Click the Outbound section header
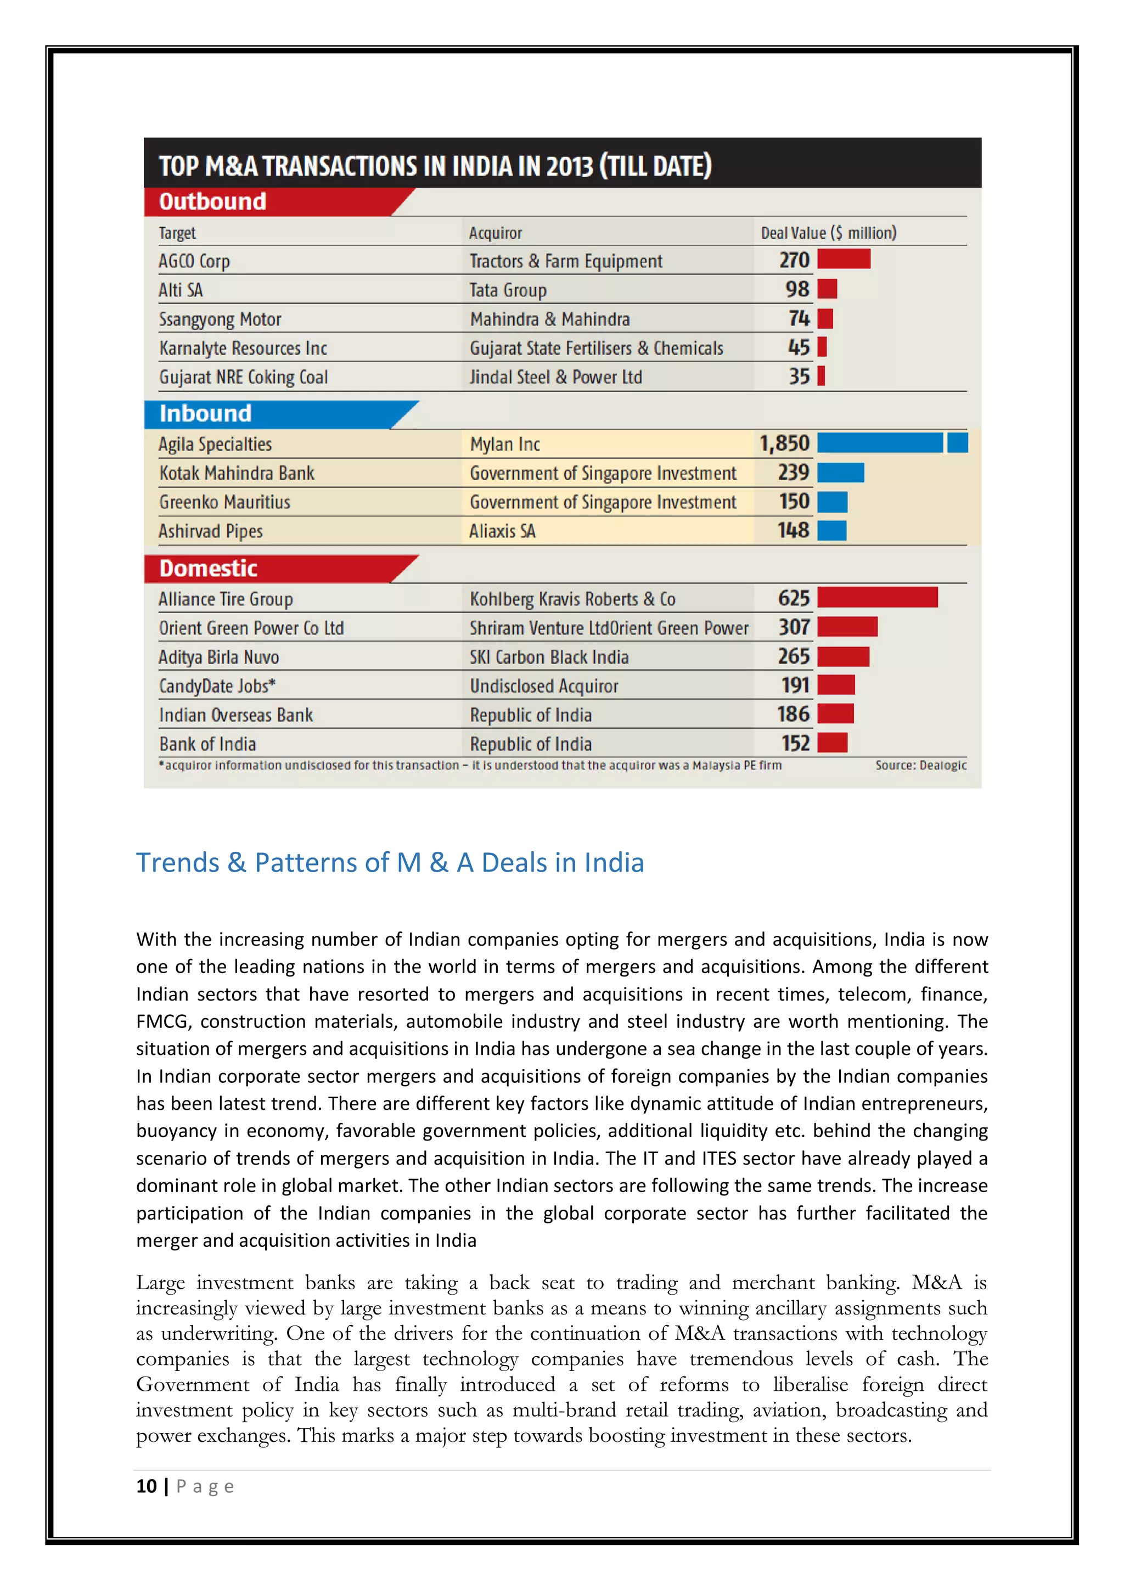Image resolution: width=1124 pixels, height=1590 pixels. pyautogui.click(x=212, y=201)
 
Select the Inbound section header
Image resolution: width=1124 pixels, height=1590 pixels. pyautogui.click(x=206, y=413)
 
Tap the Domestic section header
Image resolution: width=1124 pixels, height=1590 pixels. pyautogui.click(x=209, y=569)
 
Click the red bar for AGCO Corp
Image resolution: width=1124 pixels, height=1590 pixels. pyautogui.click(x=843, y=260)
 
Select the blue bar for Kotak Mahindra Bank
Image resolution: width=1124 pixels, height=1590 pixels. pyautogui.click(x=840, y=473)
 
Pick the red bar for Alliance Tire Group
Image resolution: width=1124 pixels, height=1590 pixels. pyautogui.click(x=877, y=598)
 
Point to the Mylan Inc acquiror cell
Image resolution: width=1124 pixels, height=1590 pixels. pyautogui.click(x=505, y=445)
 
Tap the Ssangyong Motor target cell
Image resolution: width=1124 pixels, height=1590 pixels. pyautogui.click(x=220, y=319)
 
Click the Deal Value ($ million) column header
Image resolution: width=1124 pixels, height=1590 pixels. pyautogui.click(x=828, y=233)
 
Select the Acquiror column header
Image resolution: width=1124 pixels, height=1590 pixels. pyautogui.click(x=495, y=233)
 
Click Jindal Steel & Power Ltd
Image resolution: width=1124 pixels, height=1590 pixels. pyautogui.click(x=555, y=378)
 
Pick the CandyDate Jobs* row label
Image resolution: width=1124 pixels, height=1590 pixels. pyautogui.click(x=217, y=686)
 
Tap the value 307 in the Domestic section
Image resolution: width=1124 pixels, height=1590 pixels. pyautogui.click(x=794, y=627)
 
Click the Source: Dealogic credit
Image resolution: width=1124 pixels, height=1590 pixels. pyautogui.click(x=920, y=765)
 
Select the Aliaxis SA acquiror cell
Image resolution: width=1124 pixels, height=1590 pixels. pyautogui.click(x=502, y=531)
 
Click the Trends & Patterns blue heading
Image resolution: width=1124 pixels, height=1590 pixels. pyautogui.click(x=390, y=863)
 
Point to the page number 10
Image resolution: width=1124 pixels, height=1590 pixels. pyautogui.click(x=146, y=1486)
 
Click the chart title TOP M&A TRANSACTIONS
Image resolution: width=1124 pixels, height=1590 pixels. pyautogui.click(x=435, y=166)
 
